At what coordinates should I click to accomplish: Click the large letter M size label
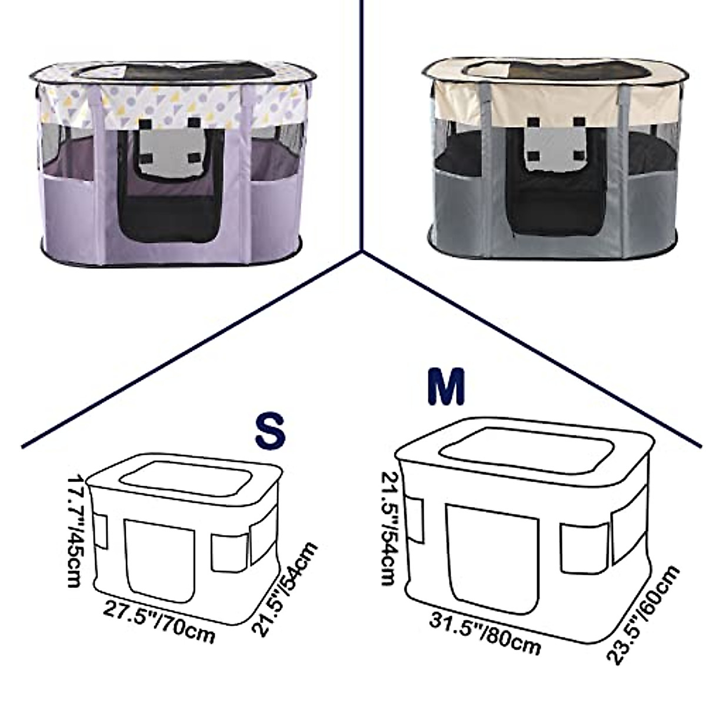pyautogui.click(x=446, y=387)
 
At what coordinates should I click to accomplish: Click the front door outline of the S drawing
pyautogui.click(x=160, y=560)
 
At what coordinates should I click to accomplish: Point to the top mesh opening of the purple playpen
pyautogui.click(x=176, y=71)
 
